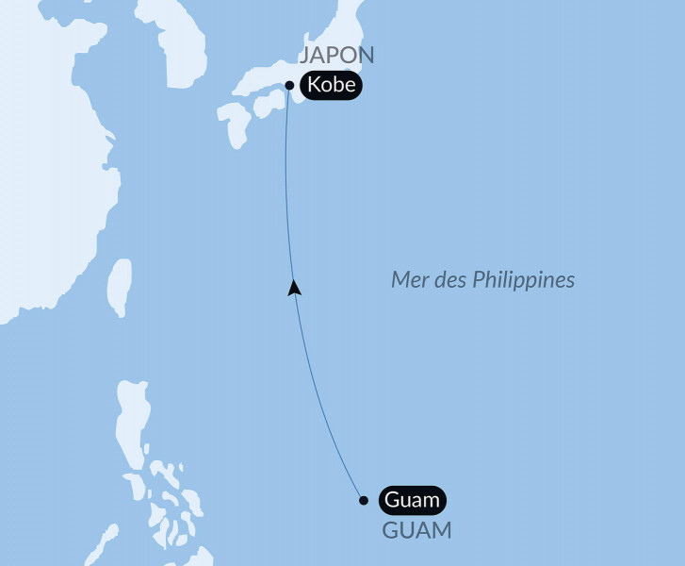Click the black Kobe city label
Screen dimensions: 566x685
tap(330, 85)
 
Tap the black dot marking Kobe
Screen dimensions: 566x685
tap(289, 85)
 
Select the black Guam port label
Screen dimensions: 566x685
tap(412, 500)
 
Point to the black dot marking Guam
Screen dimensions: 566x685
tap(365, 500)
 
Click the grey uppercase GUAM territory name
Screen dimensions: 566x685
tap(416, 530)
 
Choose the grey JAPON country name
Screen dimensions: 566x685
tap(336, 56)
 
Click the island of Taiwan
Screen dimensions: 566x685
tap(119, 286)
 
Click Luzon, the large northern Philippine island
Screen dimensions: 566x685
tap(131, 424)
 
